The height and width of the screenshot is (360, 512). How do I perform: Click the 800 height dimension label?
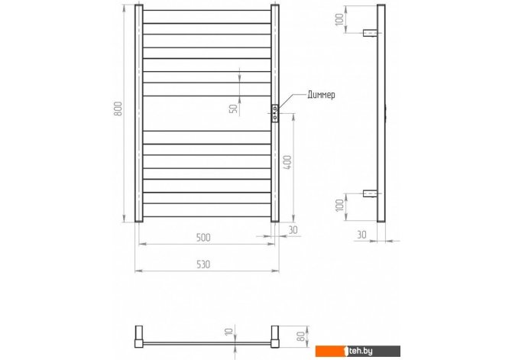coord(118,109)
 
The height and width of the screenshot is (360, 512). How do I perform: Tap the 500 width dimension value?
coord(203,238)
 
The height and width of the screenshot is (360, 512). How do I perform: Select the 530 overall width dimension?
coord(203,264)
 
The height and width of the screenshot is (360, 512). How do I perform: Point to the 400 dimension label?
coord(287,162)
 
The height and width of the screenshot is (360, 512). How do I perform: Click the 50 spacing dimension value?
coord(234,108)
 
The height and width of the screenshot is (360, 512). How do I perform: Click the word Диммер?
coord(321,95)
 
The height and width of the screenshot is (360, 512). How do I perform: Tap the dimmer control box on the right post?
coord(275,114)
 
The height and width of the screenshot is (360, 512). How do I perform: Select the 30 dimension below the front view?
coord(293,230)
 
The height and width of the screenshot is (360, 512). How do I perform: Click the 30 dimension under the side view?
coord(361,235)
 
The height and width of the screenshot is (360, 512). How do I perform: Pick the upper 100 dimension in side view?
coord(339,19)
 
